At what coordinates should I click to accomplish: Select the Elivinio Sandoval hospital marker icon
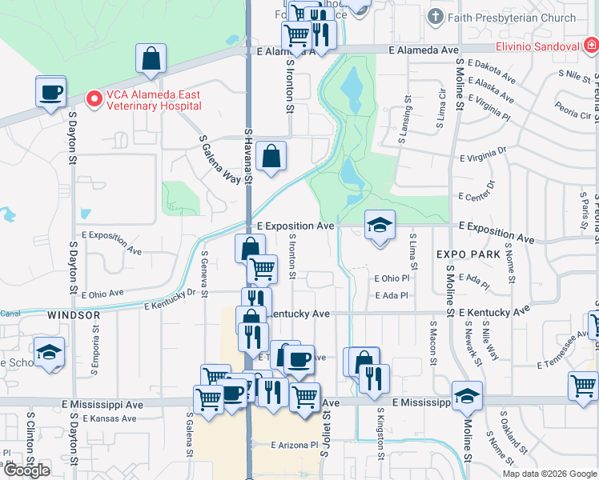tap(589, 46)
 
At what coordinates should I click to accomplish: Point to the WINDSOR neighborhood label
tap(74, 315)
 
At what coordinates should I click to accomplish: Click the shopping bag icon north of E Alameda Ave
tap(151, 58)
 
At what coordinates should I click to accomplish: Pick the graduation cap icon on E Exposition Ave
tap(380, 225)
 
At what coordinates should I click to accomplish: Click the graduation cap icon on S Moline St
tap(467, 396)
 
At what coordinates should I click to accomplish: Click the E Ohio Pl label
tap(392, 278)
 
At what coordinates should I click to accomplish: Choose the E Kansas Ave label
tap(103, 418)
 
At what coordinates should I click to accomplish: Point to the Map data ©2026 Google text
tap(549, 474)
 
